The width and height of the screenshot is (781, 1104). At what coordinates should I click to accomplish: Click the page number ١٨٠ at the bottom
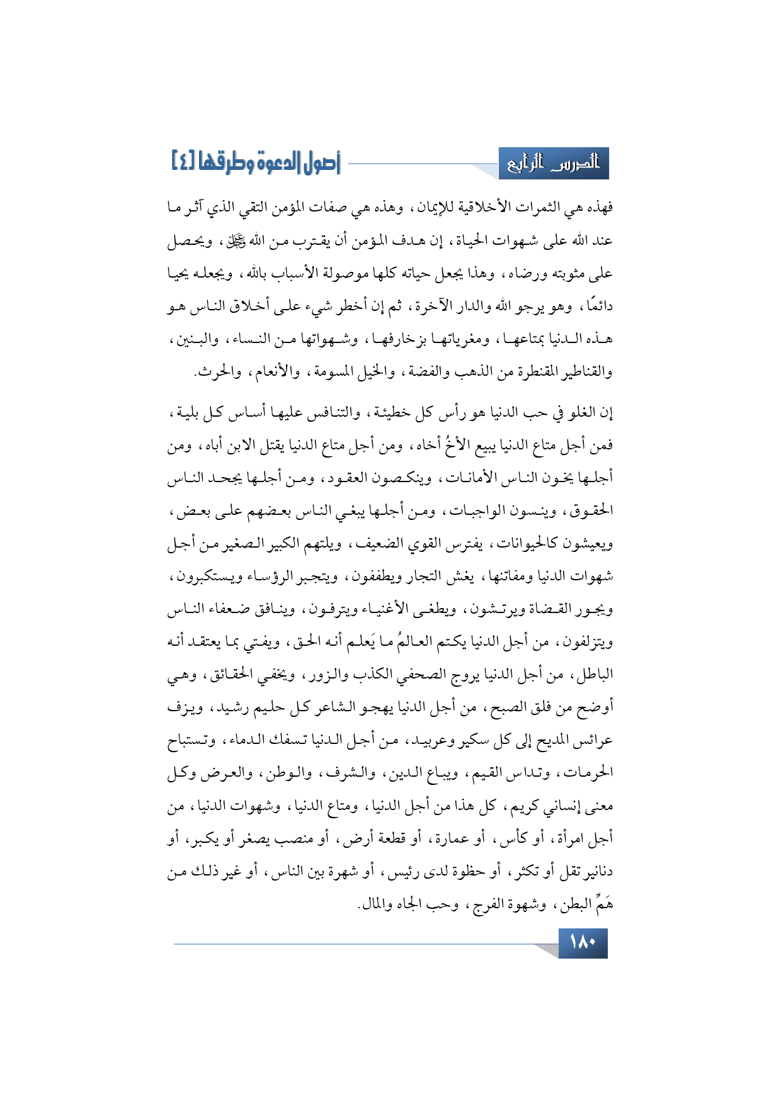[x=582, y=943]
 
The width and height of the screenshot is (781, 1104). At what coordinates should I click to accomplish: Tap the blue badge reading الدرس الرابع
[x=554, y=164]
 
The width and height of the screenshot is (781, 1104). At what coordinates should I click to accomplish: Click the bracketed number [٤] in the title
[x=183, y=163]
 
